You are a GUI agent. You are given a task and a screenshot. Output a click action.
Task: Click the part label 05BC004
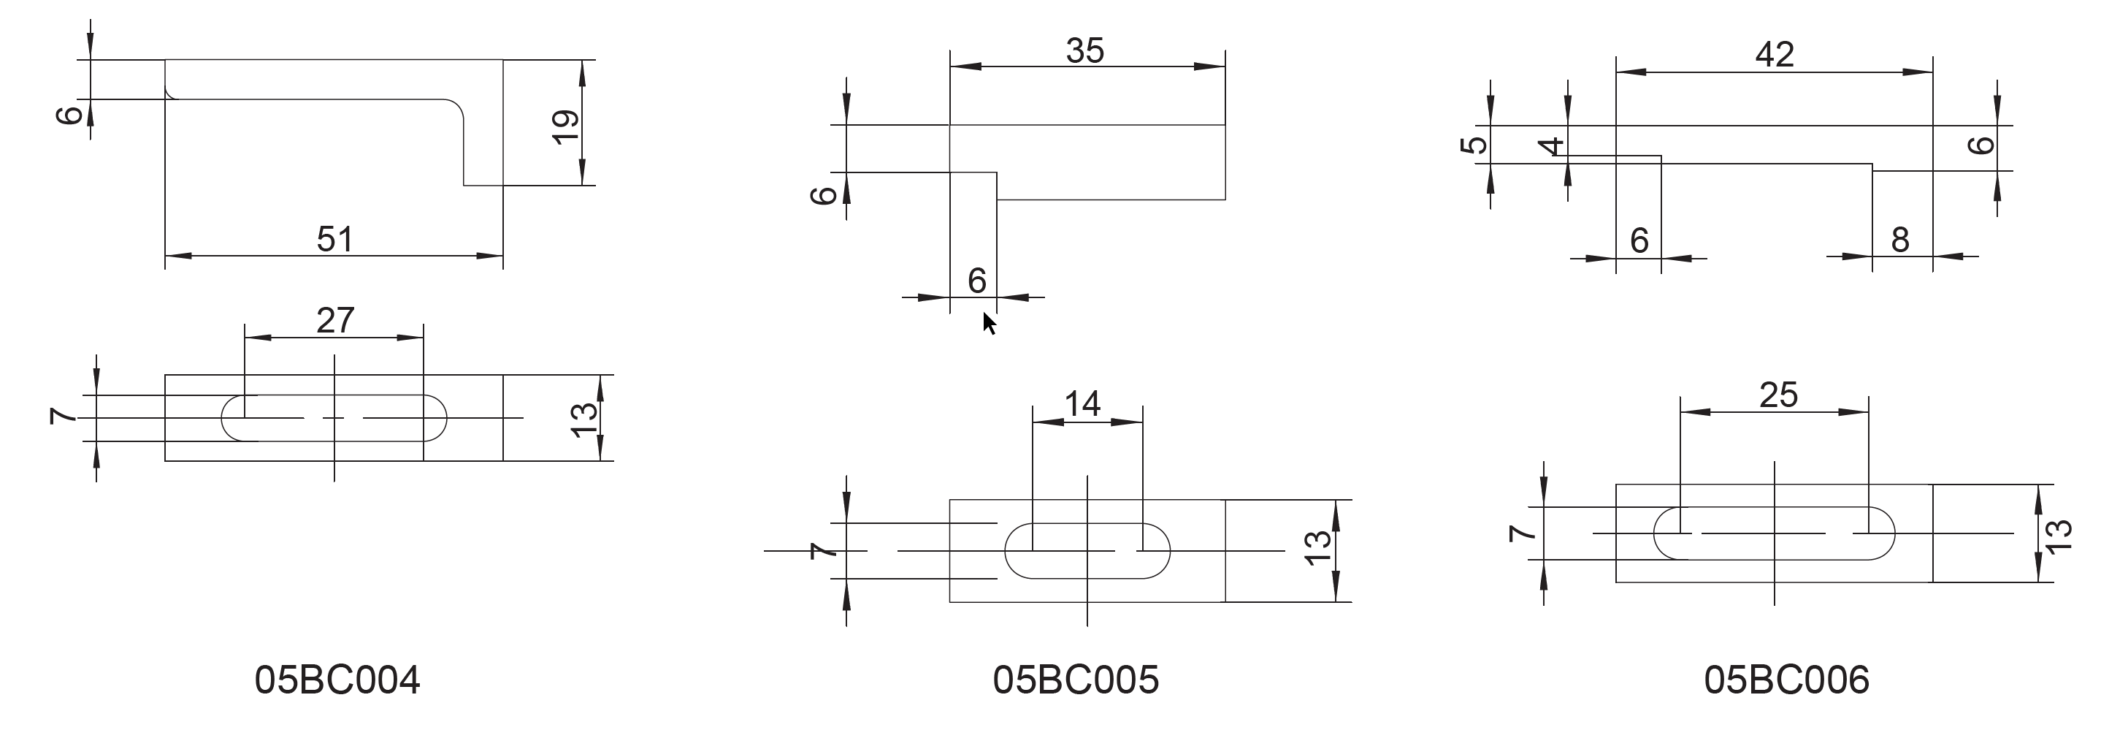click(x=337, y=679)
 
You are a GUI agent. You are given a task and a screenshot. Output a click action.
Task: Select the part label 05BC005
click(x=1076, y=679)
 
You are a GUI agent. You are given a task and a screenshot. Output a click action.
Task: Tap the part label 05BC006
click(x=1786, y=679)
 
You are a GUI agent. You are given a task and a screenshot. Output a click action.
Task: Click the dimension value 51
click(x=334, y=239)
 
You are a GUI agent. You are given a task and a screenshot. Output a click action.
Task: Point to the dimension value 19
click(x=566, y=126)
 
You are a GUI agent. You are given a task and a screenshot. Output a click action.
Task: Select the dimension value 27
click(x=335, y=320)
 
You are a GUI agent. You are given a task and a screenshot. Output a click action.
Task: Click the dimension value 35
click(x=1084, y=50)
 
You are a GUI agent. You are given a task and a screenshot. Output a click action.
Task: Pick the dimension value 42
click(x=1775, y=55)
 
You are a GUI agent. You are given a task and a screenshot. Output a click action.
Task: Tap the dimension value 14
click(x=1082, y=403)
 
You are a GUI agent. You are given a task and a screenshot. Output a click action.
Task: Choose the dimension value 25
click(x=1778, y=395)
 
